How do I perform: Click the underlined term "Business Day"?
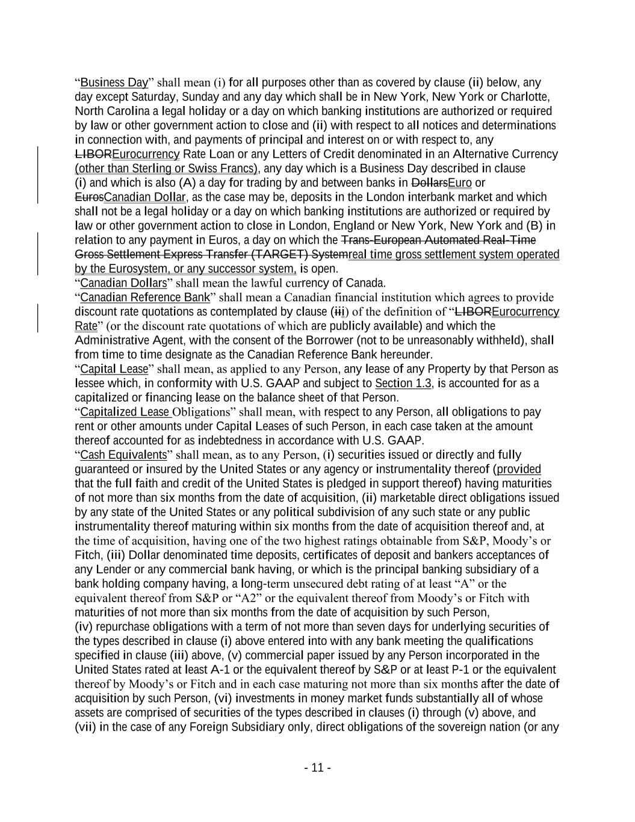pos(114,83)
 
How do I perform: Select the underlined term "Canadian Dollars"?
pos(123,283)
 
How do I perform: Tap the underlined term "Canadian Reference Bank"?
pos(145,297)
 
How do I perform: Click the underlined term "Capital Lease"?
pos(114,369)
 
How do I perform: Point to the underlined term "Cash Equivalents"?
pos(123,455)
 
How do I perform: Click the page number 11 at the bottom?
pos(317,768)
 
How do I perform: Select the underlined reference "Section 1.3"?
pos(403,384)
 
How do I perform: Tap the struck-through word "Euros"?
pos(89,198)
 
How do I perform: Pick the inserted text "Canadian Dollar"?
pos(144,198)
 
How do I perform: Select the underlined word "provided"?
pos(519,469)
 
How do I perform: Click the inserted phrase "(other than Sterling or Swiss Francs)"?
pos(167,169)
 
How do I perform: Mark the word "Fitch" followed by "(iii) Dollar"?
pos(88,555)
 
